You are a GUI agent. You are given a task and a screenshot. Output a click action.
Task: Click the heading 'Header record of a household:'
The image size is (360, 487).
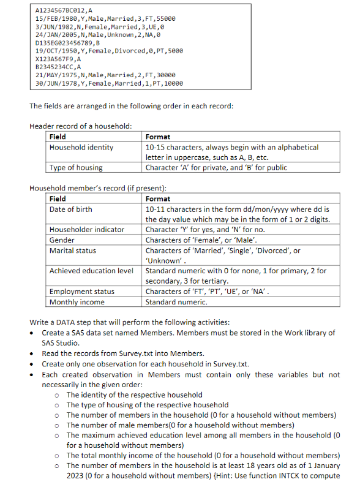tap(80, 126)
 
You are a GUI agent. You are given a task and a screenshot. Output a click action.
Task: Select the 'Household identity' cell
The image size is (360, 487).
tap(81, 148)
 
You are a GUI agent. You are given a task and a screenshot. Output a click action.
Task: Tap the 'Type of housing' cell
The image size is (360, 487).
tap(76, 167)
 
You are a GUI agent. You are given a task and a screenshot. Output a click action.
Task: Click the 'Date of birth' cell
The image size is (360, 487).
tap(71, 210)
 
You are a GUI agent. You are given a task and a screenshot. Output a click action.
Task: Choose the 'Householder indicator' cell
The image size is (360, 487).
tap(87, 230)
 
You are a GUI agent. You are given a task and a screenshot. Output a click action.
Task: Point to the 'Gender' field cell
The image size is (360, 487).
tap(62, 240)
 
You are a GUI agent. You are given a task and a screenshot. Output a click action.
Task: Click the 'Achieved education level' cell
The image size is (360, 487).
tap(91, 270)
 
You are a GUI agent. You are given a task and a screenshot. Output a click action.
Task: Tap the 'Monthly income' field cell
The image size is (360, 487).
tap(77, 301)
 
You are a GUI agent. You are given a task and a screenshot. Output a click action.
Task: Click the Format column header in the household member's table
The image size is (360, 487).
tap(158, 198)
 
